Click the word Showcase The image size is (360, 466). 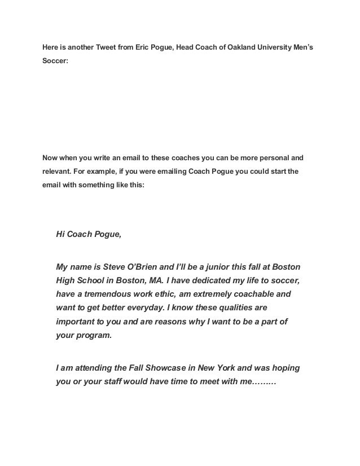point(174,368)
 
